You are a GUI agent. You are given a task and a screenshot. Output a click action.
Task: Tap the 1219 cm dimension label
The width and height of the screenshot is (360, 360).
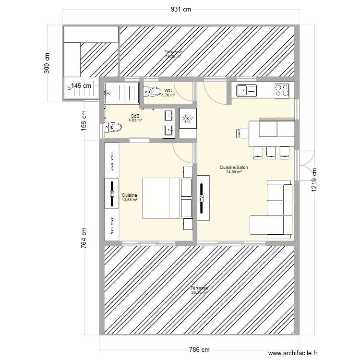point(315,180)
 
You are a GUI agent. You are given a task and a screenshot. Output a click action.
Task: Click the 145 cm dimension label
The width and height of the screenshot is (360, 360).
point(81,86)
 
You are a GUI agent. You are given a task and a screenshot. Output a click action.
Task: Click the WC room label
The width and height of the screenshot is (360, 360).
point(168,90)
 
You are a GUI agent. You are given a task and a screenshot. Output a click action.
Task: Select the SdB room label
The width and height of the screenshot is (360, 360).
point(135,116)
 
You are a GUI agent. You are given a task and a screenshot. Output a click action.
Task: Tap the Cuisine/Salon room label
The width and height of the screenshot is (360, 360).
point(234,168)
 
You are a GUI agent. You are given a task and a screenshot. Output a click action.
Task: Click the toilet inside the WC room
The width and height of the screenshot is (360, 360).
point(153,91)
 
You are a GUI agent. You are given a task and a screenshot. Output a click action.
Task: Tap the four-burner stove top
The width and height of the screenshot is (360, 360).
point(282,89)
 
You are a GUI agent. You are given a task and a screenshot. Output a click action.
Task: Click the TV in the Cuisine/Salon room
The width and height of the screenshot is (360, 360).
point(203,198)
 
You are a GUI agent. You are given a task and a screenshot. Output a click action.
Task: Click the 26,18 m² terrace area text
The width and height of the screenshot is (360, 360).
point(199,292)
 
